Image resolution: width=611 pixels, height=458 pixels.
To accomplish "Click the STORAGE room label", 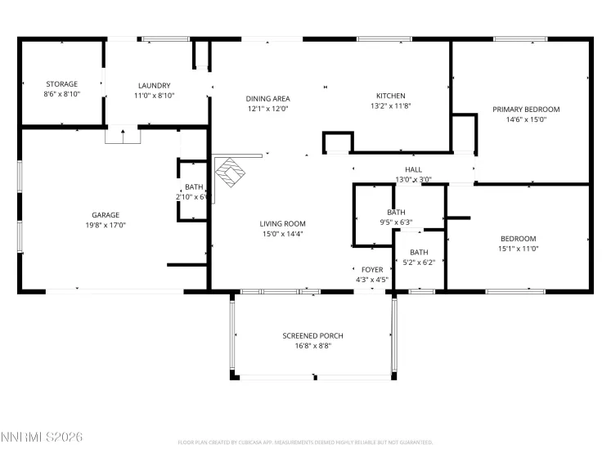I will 61,84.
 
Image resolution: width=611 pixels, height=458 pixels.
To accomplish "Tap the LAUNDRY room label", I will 154,85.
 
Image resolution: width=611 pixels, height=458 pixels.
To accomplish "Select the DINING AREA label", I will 267,98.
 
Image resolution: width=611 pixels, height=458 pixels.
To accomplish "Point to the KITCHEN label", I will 390,95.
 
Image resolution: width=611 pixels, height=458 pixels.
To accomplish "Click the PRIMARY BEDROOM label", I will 525,109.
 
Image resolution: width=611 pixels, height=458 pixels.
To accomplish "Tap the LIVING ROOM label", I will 282,223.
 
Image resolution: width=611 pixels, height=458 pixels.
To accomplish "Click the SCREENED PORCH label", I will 312,335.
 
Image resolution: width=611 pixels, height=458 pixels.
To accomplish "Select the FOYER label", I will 372,269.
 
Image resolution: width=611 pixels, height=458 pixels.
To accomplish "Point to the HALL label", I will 413,169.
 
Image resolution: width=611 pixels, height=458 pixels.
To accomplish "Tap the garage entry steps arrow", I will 123,135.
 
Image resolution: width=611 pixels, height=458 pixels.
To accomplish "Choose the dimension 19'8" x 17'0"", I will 106,224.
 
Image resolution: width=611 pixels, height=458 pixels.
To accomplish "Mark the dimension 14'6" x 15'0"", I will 525,120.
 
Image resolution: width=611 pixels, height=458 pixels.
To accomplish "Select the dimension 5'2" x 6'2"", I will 418,263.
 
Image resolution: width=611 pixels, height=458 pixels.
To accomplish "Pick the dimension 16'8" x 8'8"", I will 312,346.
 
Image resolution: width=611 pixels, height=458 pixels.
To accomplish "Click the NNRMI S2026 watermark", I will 43,438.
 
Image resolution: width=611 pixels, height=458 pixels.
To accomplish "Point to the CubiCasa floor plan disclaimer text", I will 305,442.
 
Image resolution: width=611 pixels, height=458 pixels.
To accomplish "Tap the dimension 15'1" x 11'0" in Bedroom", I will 519,249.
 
